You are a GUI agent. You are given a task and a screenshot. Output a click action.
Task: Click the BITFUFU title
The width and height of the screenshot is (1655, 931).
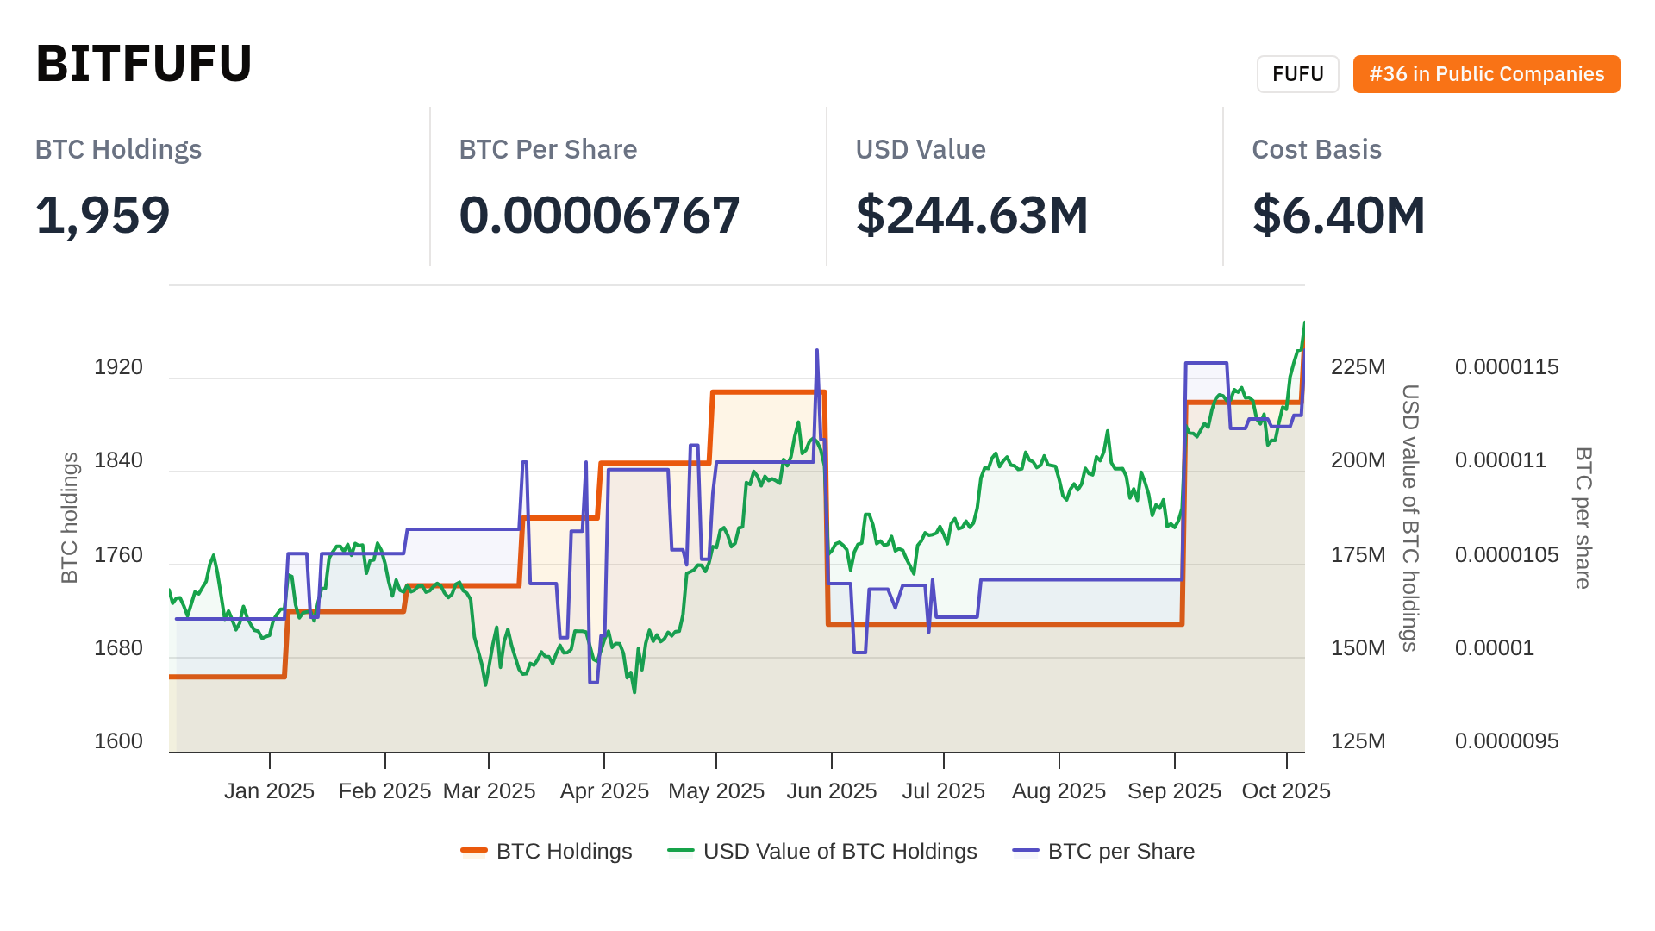coord(143,64)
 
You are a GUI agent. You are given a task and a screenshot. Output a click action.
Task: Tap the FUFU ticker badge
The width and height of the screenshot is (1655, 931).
coord(1297,74)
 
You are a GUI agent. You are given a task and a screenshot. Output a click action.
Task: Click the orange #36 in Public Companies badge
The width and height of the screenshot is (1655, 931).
coord(1486,74)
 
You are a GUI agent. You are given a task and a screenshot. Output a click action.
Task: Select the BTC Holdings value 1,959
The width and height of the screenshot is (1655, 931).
coord(103,215)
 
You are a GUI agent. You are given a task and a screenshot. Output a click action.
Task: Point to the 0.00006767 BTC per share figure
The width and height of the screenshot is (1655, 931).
coord(599,215)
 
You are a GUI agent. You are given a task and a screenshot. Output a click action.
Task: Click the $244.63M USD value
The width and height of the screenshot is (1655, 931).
coord(971,215)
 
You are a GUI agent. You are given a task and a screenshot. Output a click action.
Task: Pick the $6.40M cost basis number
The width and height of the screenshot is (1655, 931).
coord(1338,215)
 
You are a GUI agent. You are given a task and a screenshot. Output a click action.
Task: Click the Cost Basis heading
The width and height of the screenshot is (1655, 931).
coord(1316,149)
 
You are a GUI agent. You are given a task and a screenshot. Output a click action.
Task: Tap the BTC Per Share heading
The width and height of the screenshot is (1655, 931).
coord(547,149)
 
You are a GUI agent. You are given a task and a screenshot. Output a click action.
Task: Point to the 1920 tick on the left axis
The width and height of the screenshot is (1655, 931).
coord(118,367)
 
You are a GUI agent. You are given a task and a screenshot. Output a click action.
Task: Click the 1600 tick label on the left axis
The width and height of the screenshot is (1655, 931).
coord(118,741)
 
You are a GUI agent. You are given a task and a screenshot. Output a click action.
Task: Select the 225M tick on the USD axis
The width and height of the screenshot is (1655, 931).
coord(1358,367)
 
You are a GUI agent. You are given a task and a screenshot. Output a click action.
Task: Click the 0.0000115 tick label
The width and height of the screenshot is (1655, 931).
coord(1506,367)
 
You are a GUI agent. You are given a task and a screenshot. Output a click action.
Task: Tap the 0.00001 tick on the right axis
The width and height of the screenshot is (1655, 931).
coord(1494,648)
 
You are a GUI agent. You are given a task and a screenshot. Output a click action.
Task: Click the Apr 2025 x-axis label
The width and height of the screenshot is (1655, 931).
coord(604,791)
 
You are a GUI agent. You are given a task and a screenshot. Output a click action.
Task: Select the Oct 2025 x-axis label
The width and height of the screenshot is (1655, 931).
coord(1285,791)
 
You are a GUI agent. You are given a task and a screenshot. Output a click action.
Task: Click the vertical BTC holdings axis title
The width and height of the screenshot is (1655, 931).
coord(70,518)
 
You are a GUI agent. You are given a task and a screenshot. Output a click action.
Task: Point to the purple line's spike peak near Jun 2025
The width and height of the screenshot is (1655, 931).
coord(816,351)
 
